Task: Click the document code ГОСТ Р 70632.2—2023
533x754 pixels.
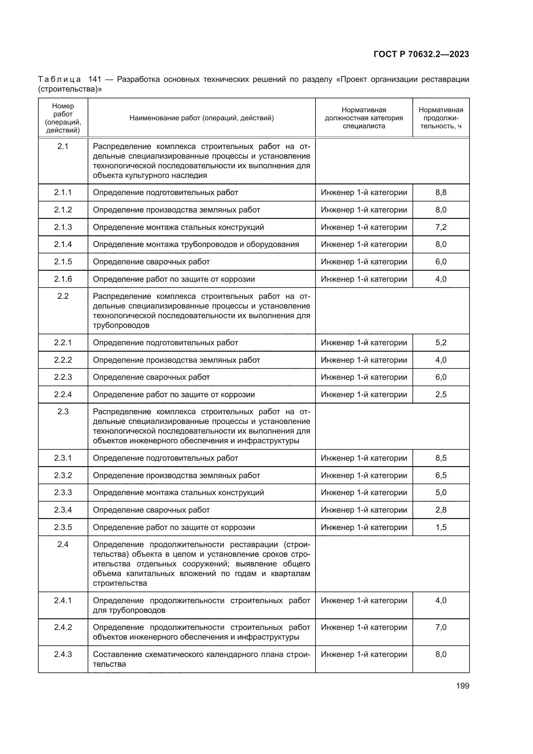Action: coord(421,54)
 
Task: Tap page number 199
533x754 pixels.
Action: coord(462,686)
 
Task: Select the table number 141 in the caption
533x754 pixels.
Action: coord(94,80)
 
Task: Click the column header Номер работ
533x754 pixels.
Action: coord(63,118)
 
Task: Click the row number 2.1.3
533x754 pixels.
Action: coord(63,227)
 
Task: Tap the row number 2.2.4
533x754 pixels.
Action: coord(63,394)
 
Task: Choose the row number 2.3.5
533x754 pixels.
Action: coord(63,527)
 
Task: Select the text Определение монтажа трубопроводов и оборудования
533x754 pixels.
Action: coord(196,244)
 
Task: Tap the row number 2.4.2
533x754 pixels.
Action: coord(63,627)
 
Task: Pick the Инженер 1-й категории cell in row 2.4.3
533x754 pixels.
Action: coord(363,654)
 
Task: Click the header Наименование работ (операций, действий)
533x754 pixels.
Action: coord(201,118)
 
